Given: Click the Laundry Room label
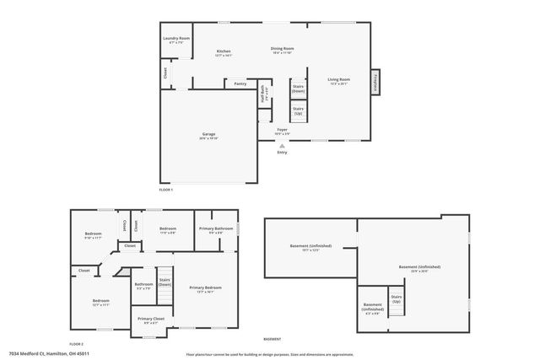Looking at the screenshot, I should point(175,40).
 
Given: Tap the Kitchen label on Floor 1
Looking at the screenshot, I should point(224,52).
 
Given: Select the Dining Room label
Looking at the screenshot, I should point(282,50).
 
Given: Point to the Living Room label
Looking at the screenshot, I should point(338,81).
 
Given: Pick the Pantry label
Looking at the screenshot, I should point(240,83).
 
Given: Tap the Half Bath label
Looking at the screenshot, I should point(264,93).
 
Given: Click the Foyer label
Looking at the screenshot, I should point(282,131).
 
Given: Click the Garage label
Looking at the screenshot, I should point(208,136).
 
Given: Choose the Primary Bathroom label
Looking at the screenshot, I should point(216,229).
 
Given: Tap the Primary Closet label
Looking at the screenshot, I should point(152,320).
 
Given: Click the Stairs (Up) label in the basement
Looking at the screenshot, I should point(396,298).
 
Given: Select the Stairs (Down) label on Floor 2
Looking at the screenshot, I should point(165,282).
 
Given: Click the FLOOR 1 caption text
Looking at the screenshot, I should point(165,191).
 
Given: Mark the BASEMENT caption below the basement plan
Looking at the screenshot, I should point(273,339).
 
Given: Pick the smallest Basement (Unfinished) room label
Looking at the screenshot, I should point(372,307).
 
